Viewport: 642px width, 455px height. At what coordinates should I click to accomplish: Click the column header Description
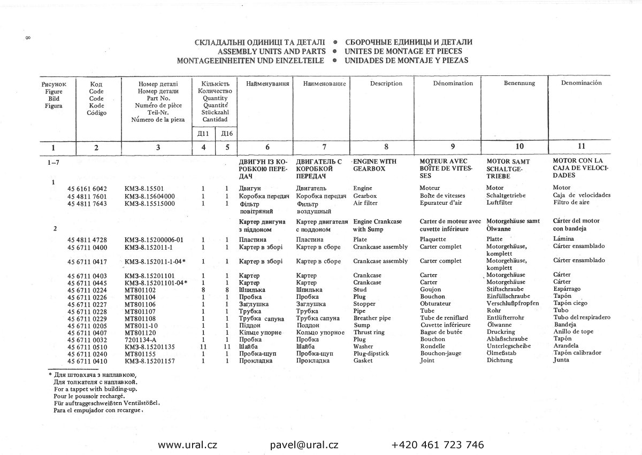(x=386, y=83)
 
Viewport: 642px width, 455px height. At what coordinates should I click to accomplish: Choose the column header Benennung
(x=519, y=83)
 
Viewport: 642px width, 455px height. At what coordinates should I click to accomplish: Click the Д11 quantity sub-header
(x=203, y=133)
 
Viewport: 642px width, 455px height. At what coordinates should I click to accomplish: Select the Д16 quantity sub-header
(x=226, y=133)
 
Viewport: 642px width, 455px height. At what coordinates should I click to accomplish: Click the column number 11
(x=582, y=146)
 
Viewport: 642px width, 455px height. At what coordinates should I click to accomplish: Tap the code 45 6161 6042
(x=88, y=189)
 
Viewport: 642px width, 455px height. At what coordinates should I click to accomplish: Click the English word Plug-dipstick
(x=371, y=353)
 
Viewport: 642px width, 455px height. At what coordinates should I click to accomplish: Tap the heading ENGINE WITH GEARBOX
(x=374, y=164)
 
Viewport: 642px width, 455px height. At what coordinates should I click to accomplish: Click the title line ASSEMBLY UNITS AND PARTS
(x=272, y=51)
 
